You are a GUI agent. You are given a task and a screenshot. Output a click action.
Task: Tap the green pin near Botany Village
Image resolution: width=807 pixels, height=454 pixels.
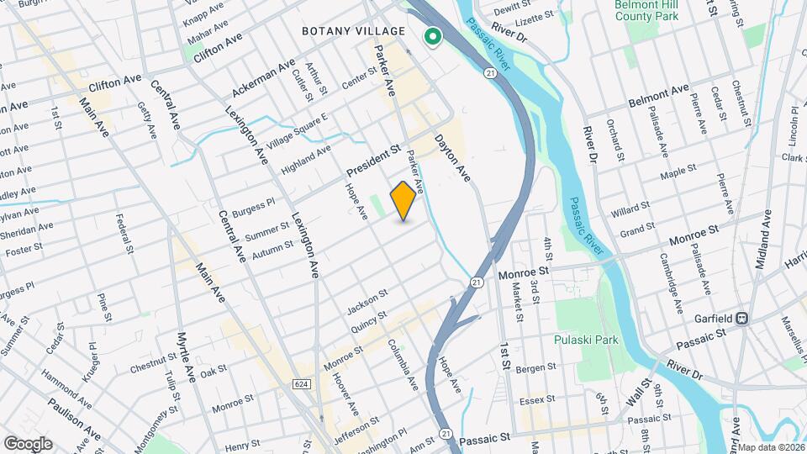click(433, 37)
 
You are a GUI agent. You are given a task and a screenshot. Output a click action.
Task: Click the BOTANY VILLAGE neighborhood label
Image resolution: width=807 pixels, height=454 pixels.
click(354, 31)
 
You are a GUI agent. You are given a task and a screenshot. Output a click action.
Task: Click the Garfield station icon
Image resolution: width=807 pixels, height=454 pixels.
click(741, 319)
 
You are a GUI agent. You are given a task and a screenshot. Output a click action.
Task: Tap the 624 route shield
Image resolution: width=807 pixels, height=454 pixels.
click(301, 383)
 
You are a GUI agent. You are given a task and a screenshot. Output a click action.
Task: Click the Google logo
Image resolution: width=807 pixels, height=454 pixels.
click(28, 444)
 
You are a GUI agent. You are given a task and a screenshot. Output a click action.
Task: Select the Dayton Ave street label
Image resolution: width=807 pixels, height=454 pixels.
click(452, 159)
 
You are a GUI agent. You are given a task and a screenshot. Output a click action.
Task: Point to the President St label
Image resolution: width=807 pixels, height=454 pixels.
click(372, 161)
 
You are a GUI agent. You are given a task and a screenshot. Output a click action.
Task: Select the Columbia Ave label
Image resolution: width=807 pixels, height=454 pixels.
click(403, 364)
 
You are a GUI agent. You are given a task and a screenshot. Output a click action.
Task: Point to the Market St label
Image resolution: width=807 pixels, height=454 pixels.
click(519, 301)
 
